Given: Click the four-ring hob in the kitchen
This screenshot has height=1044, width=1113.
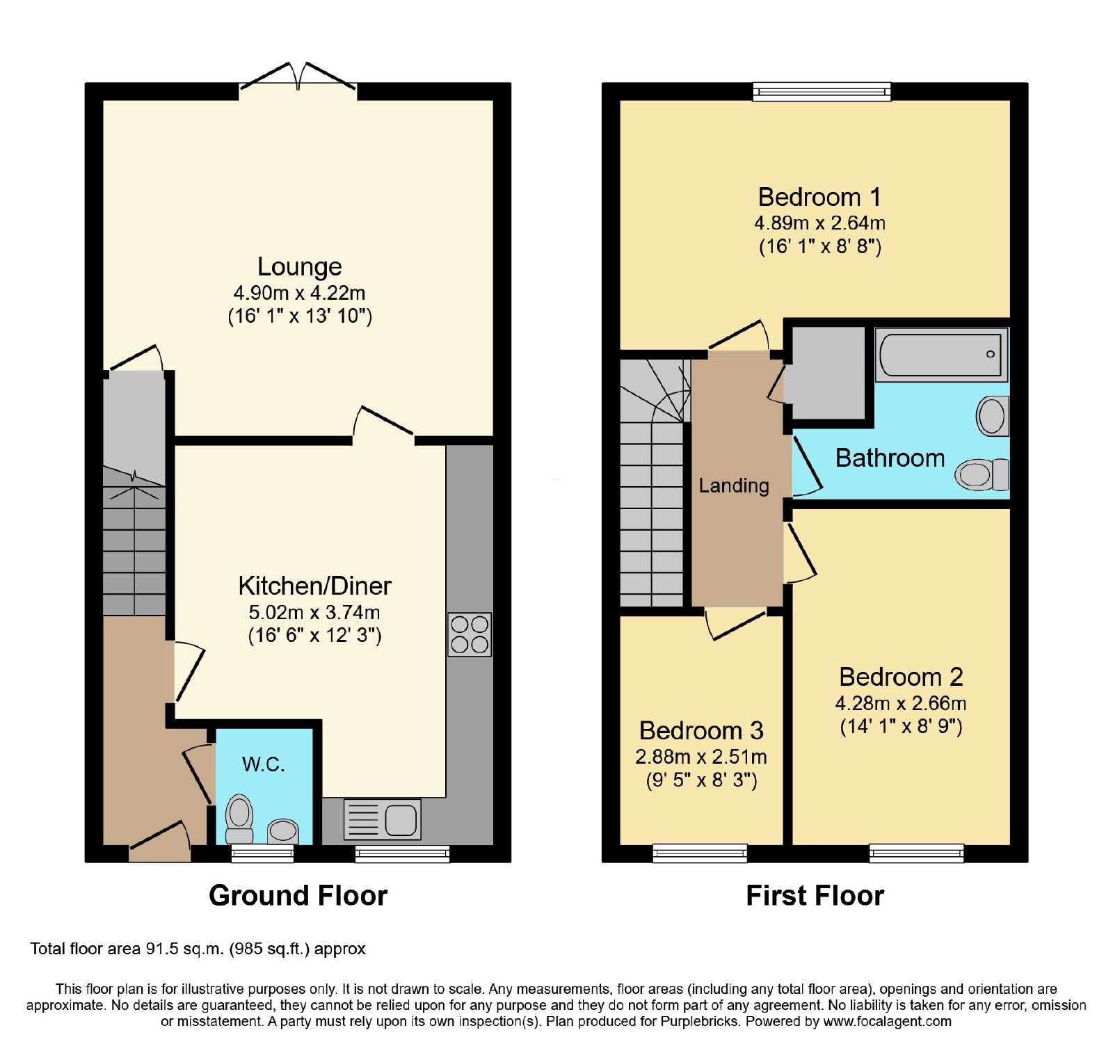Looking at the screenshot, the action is point(470,634).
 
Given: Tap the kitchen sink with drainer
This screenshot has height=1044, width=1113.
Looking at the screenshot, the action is point(382,819).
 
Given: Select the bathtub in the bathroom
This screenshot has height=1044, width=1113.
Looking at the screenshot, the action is point(941,355).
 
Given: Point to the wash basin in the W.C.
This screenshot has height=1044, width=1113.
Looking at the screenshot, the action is point(283,830).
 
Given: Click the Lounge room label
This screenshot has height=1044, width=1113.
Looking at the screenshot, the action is point(300,266).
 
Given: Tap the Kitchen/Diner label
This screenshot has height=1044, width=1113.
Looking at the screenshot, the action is point(314,586).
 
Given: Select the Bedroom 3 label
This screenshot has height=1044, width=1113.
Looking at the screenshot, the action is point(701,730).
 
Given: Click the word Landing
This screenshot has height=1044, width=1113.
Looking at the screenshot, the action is point(734,485).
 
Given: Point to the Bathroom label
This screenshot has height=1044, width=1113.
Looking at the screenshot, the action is point(890,458).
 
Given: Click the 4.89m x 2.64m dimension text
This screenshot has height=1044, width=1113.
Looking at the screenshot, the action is point(819,223).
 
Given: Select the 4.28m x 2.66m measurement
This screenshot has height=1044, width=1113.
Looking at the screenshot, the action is point(901,703).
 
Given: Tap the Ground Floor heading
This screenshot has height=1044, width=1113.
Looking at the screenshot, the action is point(298,895).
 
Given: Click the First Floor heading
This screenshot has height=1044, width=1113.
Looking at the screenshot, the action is point(815,895).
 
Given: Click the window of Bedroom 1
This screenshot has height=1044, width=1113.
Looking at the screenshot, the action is point(822,91).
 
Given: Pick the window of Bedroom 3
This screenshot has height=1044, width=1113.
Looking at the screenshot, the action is point(700,853).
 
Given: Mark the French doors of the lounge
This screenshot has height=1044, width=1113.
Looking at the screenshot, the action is point(298,78).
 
